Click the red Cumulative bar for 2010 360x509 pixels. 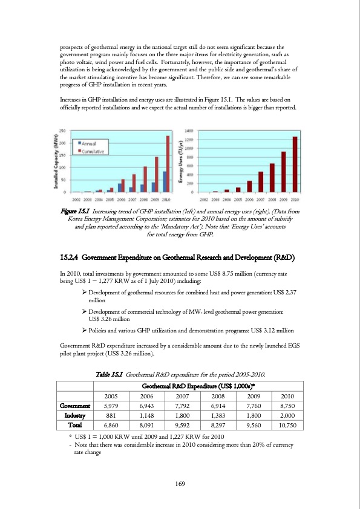pyautogui.click(x=168, y=164)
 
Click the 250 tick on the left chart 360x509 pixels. pyautogui.click(x=62, y=131)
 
